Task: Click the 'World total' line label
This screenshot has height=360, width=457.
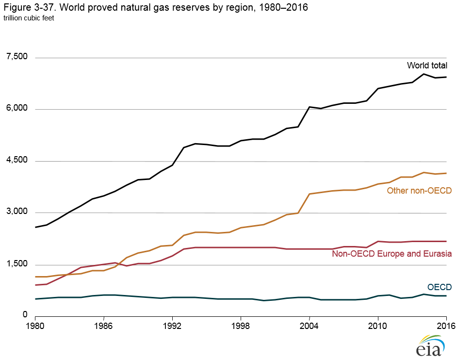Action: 426,65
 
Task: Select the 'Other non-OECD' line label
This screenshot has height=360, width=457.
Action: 419,191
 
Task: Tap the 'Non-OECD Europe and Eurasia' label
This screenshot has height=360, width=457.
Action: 392,254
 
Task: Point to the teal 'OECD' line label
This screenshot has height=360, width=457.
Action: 439,287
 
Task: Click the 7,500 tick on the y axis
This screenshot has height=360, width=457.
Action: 17,57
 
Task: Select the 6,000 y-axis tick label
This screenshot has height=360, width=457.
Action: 17,109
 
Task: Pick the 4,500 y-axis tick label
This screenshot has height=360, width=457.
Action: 17,161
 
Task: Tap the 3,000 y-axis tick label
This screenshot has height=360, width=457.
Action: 17,212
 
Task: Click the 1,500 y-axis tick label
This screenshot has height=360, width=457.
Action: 17,264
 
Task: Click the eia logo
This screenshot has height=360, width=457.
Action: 428,345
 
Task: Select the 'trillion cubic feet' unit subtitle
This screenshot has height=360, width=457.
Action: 29,18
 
